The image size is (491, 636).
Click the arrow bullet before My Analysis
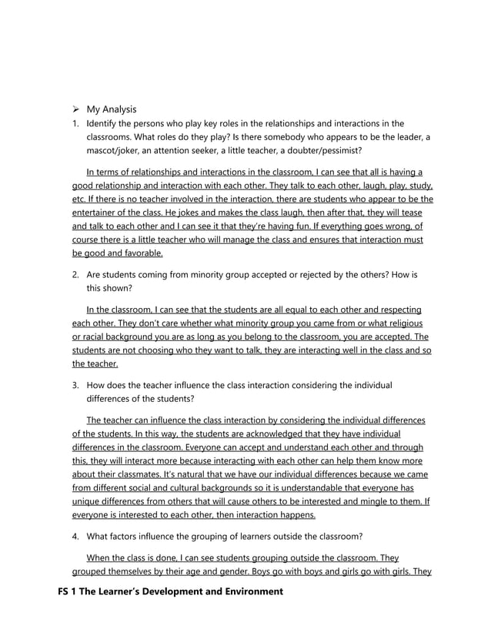click(x=76, y=109)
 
